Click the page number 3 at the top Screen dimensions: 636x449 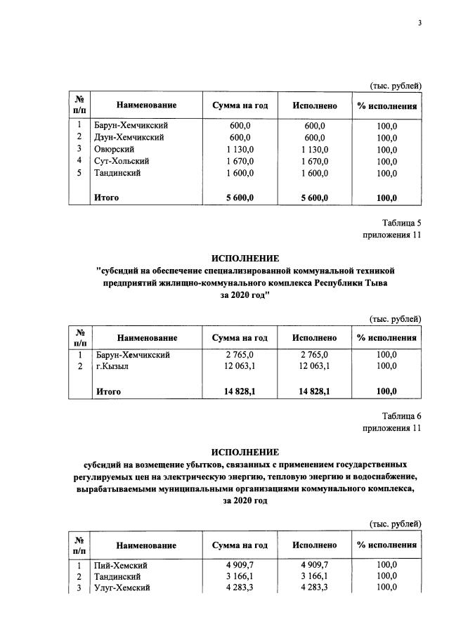[419, 23]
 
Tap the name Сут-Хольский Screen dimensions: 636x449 [121, 161]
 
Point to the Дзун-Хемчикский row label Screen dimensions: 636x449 [129, 137]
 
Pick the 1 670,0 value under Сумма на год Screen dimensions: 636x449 [240, 161]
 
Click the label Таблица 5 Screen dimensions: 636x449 [401, 223]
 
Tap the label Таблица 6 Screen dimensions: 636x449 [401, 415]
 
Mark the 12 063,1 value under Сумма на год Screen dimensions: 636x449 [240, 366]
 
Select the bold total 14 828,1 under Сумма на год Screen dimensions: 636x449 [240, 391]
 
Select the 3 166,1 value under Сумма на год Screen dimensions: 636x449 [240, 576]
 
